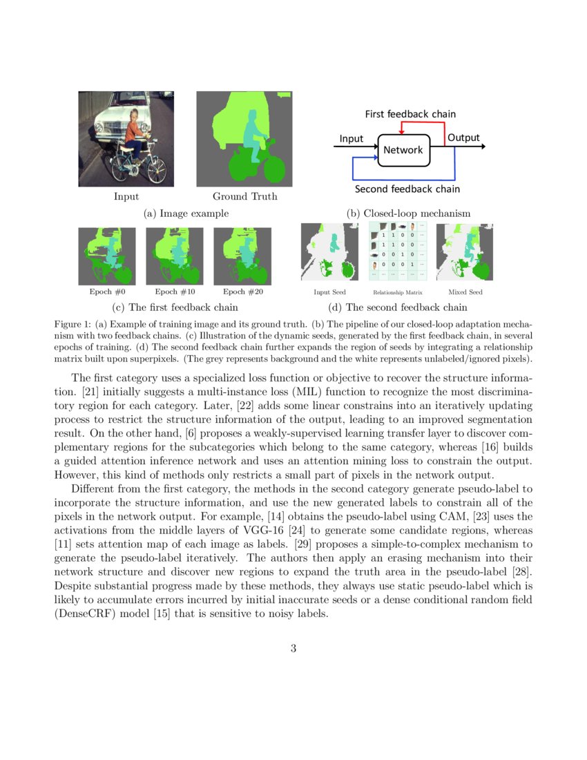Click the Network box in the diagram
[403, 150]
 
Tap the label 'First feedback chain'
[410, 114]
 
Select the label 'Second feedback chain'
[407, 189]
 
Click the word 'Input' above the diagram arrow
[351, 139]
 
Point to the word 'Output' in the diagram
[463, 138]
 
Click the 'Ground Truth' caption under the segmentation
[244, 196]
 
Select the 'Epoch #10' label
[174, 292]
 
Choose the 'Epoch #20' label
[243, 292]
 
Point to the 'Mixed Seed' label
[465, 292]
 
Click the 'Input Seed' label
[329, 292]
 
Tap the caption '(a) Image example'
[186, 213]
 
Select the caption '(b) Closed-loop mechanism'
[408, 213]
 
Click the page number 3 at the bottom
[293, 648]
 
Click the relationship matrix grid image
[398, 251]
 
